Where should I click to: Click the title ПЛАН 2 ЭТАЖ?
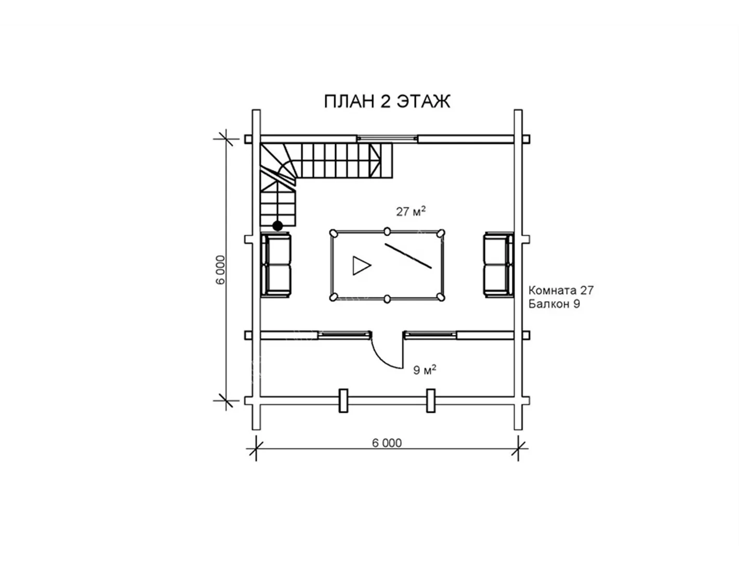(x=387, y=101)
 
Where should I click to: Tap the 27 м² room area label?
(x=411, y=211)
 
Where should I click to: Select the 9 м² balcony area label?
(x=425, y=370)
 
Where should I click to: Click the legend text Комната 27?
(x=561, y=290)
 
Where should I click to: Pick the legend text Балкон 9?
(x=554, y=304)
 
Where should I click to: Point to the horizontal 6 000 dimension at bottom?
(x=387, y=443)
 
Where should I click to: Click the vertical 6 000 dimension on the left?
(x=220, y=270)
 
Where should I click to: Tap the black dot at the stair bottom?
(x=278, y=226)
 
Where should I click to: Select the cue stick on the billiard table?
(x=408, y=256)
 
